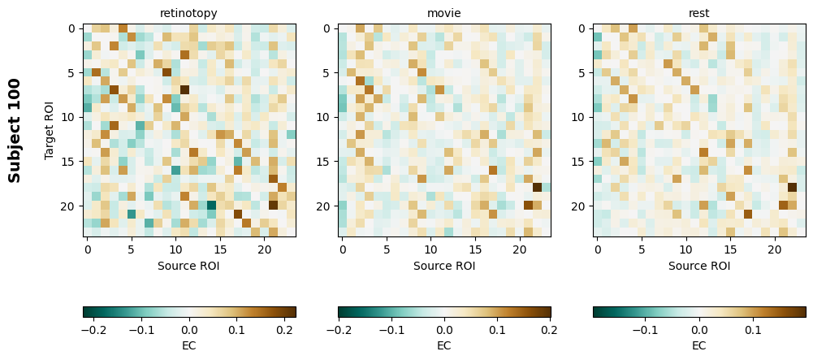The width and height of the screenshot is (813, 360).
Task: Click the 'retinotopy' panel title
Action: pyautogui.click(x=188, y=13)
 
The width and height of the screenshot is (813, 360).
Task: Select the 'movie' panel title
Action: pyautogui.click(x=444, y=13)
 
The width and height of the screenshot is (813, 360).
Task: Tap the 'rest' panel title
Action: pyautogui.click(x=698, y=13)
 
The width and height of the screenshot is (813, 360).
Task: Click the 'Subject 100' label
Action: pyautogui.click(x=15, y=130)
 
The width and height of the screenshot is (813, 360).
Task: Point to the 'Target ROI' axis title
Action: pyautogui.click(x=50, y=130)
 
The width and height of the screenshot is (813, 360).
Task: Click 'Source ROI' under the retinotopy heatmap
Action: pyautogui.click(x=188, y=265)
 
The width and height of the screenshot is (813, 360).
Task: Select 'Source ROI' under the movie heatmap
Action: pyautogui.click(x=444, y=265)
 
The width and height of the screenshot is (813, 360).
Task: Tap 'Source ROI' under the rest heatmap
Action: pyautogui.click(x=698, y=265)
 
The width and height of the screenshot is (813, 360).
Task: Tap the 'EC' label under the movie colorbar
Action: pyautogui.click(x=444, y=345)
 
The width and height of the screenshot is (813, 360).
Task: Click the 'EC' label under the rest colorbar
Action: pyautogui.click(x=698, y=345)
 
